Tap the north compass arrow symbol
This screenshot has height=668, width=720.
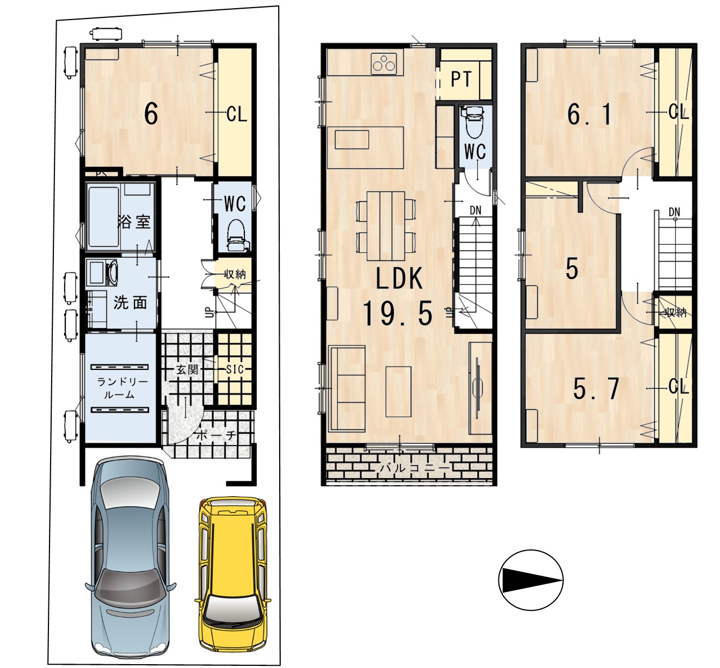coord(531,580)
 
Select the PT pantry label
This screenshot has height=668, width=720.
coord(461,79)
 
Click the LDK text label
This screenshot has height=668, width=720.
coord(399,279)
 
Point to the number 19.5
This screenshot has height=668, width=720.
coord(397,314)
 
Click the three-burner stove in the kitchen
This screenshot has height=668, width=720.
coord(387,64)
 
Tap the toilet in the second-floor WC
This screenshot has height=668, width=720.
coord(474,122)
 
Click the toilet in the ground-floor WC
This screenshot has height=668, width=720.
coord(237,235)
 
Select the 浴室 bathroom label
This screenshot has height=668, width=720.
coord(134,221)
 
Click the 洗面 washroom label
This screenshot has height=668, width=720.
coord(130,302)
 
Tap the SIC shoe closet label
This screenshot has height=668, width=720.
coord(235,369)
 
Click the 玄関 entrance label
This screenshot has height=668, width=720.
coord(187,370)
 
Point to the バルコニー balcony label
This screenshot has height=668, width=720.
coord(415,468)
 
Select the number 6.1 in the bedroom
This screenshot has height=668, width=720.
coord(589,115)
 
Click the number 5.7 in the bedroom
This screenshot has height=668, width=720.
coord(596,388)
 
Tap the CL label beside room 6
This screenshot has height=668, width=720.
coord(237,114)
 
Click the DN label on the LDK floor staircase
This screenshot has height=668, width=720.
coord(475,210)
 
